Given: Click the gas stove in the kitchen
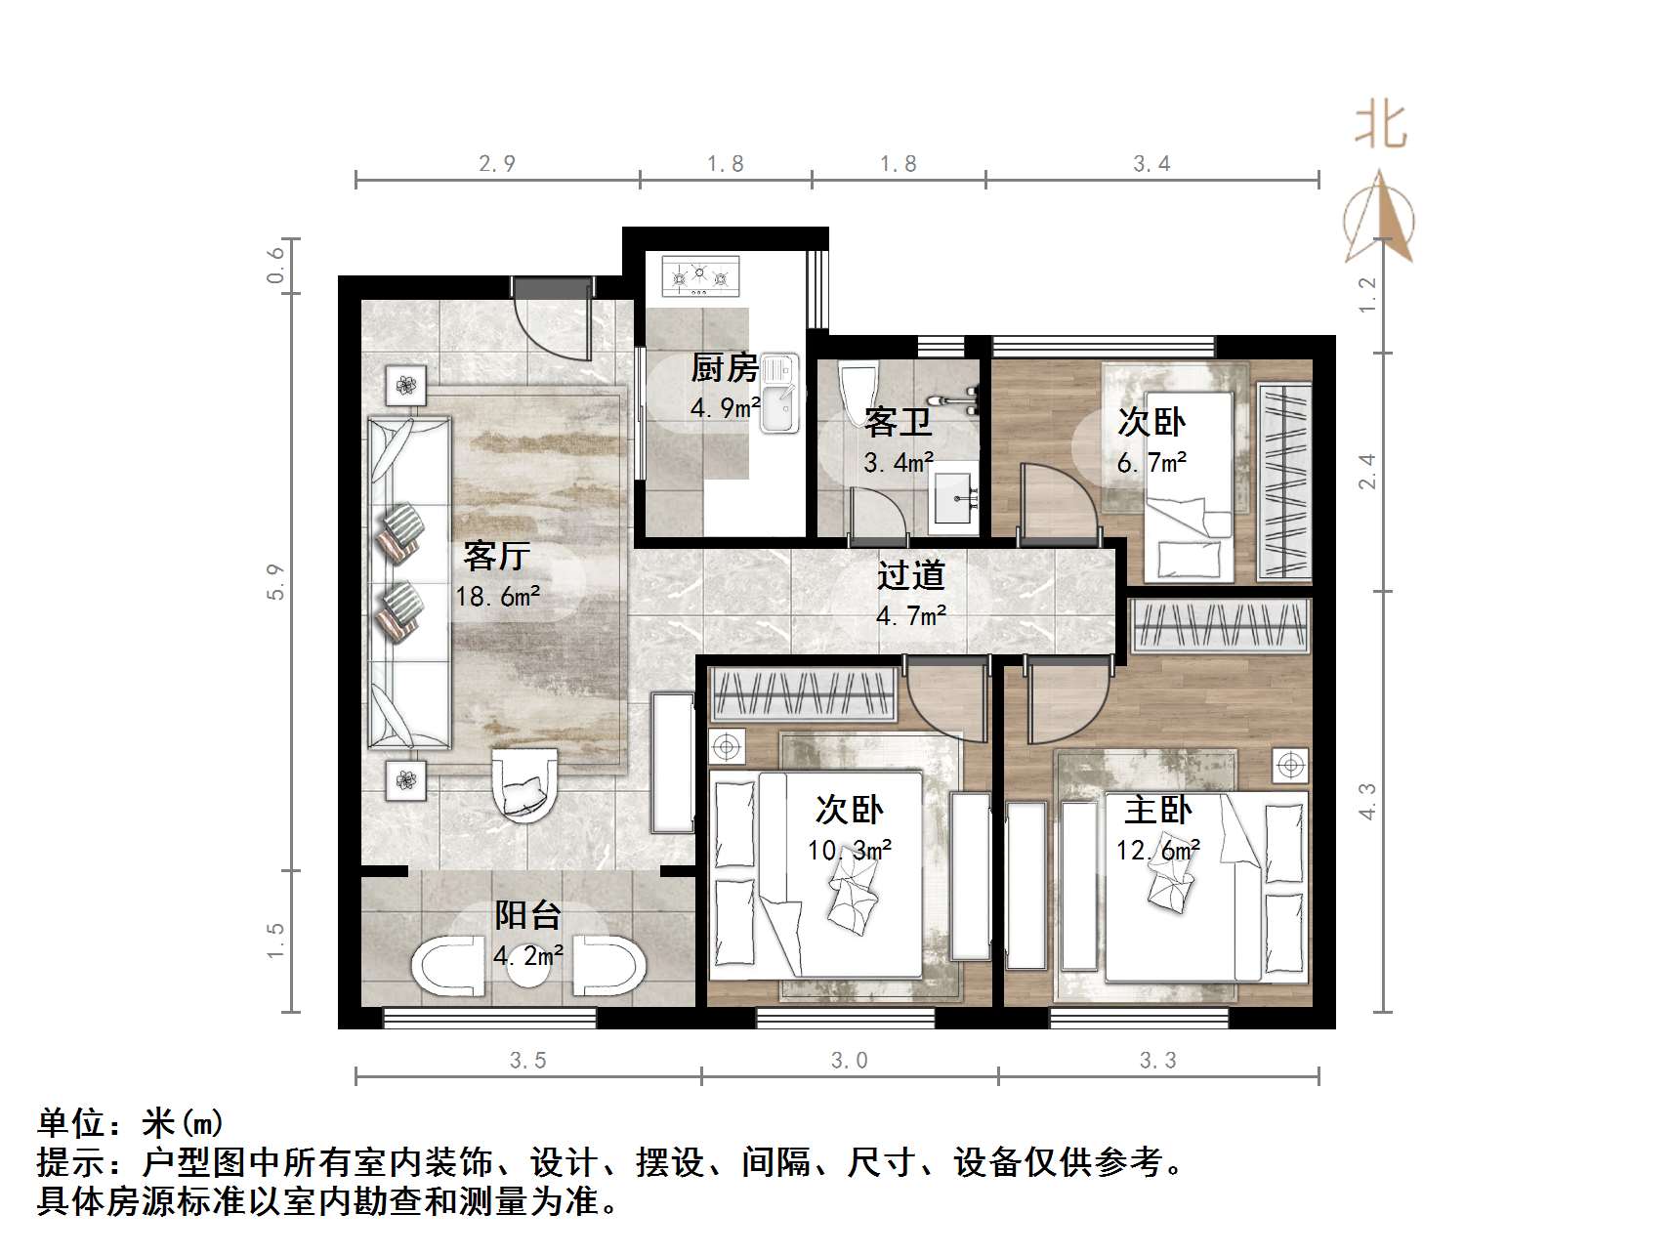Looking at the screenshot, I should pyautogui.click(x=700, y=276).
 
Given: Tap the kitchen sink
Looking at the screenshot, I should pyautogui.click(x=779, y=394).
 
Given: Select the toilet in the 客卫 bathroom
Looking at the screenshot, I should pyautogui.click(x=858, y=387).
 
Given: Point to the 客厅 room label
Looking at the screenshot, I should pyautogui.click(x=497, y=556).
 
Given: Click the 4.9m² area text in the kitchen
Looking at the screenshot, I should pyautogui.click(x=725, y=408).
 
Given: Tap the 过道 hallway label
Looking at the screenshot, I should pyautogui.click(x=910, y=575).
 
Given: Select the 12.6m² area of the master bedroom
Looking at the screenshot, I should pyautogui.click(x=1158, y=851).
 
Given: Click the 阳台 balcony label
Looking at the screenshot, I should pyautogui.click(x=527, y=915).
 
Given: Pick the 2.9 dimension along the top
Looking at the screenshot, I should pyautogui.click(x=497, y=164).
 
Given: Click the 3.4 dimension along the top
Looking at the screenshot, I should pyautogui.click(x=1151, y=164).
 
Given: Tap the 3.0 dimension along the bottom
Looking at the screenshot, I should pyautogui.click(x=849, y=1061).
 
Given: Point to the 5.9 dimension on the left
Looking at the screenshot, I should pyautogui.click(x=277, y=582).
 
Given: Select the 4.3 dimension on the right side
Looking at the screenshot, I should pyautogui.click(x=1367, y=801).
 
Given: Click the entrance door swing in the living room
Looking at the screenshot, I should pyautogui.click(x=553, y=322).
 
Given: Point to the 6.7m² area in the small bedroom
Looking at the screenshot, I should pyautogui.click(x=1151, y=463).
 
